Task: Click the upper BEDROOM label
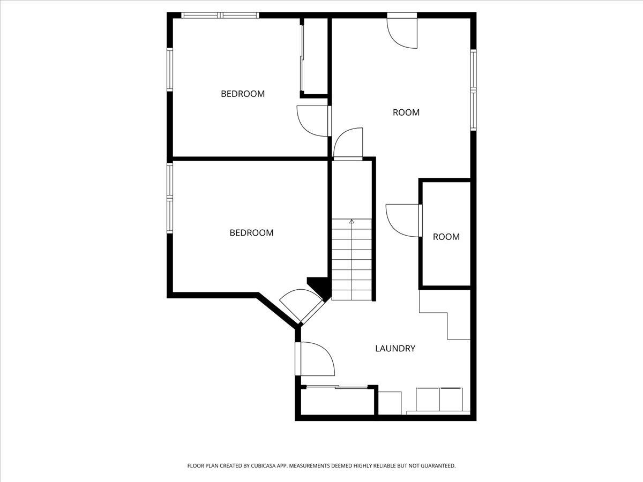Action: (x=243, y=94)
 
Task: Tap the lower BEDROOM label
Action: (x=251, y=233)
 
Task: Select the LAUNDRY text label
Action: (x=395, y=349)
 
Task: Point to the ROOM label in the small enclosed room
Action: (x=446, y=237)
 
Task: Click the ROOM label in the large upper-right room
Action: (x=406, y=112)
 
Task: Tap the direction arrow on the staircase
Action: (x=352, y=221)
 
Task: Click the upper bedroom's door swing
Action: (x=312, y=120)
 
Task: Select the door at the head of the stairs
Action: (x=348, y=144)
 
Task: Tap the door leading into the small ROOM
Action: (x=403, y=220)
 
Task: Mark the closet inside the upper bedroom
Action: (x=315, y=56)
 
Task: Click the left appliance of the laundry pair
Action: (x=428, y=399)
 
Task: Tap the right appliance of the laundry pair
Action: (x=451, y=399)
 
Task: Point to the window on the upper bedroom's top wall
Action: (x=221, y=16)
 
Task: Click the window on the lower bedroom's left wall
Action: (x=170, y=198)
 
